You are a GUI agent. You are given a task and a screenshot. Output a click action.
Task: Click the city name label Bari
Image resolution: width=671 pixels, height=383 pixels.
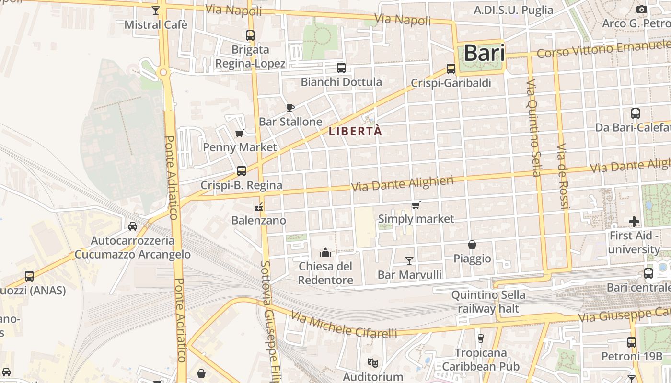tap(485, 53)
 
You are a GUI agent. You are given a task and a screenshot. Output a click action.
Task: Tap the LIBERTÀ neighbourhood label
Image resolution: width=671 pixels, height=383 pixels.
tap(356, 131)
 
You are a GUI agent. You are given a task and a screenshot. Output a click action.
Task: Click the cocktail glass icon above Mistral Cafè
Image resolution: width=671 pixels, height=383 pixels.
tap(156, 10)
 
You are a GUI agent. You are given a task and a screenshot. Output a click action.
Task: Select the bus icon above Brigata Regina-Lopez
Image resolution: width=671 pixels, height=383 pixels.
tap(250, 35)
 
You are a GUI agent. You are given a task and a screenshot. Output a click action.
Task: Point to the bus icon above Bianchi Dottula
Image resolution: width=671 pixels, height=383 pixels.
tap(341, 68)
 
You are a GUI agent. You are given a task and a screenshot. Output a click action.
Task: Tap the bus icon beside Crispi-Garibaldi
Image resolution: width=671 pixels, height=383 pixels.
tap(451, 69)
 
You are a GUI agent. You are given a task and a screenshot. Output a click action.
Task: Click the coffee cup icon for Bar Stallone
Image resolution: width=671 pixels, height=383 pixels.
tap(290, 108)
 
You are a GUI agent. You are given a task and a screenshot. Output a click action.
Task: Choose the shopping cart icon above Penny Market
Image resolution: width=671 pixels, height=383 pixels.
tap(240, 133)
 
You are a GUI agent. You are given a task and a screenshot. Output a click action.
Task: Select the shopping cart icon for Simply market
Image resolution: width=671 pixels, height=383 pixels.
tap(416, 205)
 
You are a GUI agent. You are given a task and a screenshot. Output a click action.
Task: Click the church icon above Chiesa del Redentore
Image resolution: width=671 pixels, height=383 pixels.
tap(326, 252)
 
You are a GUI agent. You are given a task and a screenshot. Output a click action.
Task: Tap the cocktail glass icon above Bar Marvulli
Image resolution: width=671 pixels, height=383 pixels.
tap(409, 260)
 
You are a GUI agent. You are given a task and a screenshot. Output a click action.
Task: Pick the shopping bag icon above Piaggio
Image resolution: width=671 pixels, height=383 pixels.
tap(472, 245)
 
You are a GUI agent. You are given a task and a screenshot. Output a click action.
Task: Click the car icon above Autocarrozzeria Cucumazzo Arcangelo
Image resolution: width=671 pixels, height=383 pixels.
tap(133, 226)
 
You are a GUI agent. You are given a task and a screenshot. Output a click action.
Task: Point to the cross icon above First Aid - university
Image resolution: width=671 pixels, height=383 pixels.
tap(634, 222)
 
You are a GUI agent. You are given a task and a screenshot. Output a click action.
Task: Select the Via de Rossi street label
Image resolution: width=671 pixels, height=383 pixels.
tap(562, 176)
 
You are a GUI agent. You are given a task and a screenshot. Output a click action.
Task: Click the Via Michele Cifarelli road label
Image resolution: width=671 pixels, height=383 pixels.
tap(344, 325)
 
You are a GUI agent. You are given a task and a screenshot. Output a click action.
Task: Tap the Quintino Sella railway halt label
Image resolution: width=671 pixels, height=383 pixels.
tap(488, 302)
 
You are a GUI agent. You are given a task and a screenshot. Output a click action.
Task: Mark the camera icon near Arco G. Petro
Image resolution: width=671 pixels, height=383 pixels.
tap(641, 9)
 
